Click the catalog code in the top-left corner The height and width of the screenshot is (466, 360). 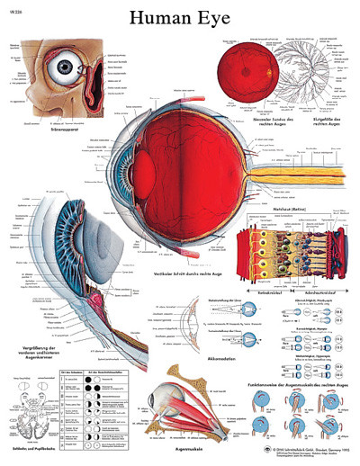10,8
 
